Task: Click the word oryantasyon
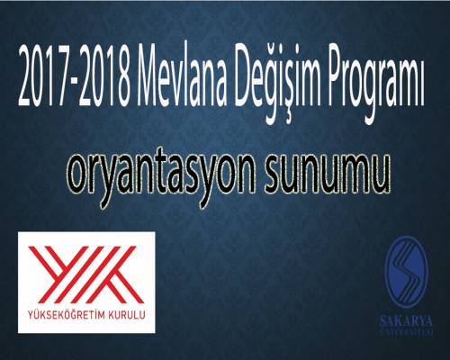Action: click(161, 177)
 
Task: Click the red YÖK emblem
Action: click(86, 274)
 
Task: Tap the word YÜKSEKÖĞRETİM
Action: click(66, 314)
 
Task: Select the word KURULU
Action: click(127, 315)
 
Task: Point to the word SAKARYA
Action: click(406, 321)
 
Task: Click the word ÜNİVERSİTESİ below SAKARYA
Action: click(406, 332)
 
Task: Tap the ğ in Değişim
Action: click(281, 83)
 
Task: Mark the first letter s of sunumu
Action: click(273, 176)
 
